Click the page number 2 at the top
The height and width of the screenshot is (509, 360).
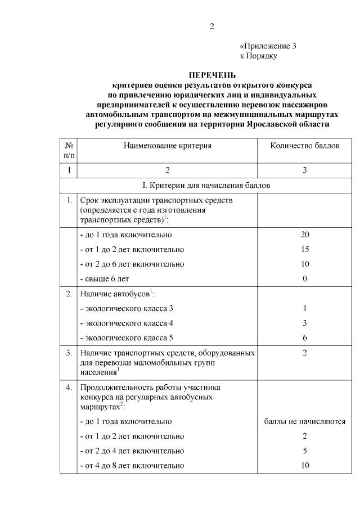click(212, 26)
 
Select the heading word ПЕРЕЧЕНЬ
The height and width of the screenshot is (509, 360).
click(211, 75)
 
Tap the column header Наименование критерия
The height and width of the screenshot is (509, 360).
click(167, 146)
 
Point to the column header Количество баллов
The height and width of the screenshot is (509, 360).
click(305, 146)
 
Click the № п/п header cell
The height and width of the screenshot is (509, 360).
click(69, 150)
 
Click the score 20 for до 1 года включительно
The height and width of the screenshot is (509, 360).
click(304, 235)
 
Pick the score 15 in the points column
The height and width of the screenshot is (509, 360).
click(304, 249)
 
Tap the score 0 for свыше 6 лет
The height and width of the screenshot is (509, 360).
click(304, 278)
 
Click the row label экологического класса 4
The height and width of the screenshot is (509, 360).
click(127, 323)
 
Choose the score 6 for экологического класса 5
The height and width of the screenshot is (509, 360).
click(304, 337)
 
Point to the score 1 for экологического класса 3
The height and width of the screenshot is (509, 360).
click(304, 308)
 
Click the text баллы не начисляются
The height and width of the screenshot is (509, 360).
click(304, 421)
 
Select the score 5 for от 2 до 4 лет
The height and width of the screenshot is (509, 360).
click(304, 451)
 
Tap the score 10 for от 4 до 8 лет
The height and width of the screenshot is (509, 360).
click(304, 465)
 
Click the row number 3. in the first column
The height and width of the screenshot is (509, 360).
click(69, 353)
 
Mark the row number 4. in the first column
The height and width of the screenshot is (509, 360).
click(69, 388)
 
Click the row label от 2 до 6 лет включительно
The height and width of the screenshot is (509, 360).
click(132, 264)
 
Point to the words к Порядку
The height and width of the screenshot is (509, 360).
click(259, 56)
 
